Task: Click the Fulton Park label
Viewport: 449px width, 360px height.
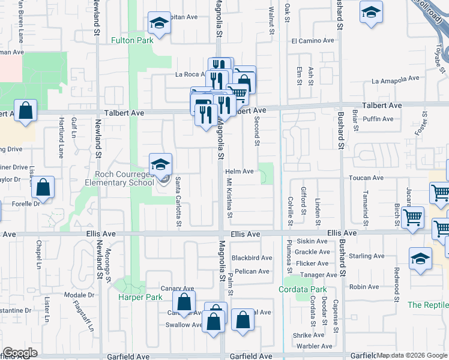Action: [x=131, y=40]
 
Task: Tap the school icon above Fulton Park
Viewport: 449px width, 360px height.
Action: [x=159, y=23]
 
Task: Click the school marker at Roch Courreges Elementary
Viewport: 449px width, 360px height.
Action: [x=160, y=164]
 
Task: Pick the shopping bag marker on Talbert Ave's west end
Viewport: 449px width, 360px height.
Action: [x=26, y=110]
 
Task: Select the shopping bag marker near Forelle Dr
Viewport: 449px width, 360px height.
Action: [x=44, y=187]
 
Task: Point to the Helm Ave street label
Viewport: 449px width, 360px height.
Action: [x=240, y=172]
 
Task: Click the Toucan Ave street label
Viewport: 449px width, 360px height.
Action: [x=368, y=178]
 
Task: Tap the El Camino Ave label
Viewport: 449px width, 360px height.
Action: [x=312, y=41]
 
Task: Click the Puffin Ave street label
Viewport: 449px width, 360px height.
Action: [x=379, y=119]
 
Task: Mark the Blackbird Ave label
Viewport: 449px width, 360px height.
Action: [x=252, y=258]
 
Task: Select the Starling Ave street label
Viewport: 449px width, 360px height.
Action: [x=367, y=256]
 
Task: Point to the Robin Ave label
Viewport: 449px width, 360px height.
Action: [x=364, y=287]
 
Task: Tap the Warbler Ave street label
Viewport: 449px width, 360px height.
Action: [x=315, y=346]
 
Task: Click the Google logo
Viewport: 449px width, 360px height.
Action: [x=20, y=353]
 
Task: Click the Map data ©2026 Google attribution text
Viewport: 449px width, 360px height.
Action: [x=412, y=356]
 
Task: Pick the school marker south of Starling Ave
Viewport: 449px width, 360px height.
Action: [x=420, y=258]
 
